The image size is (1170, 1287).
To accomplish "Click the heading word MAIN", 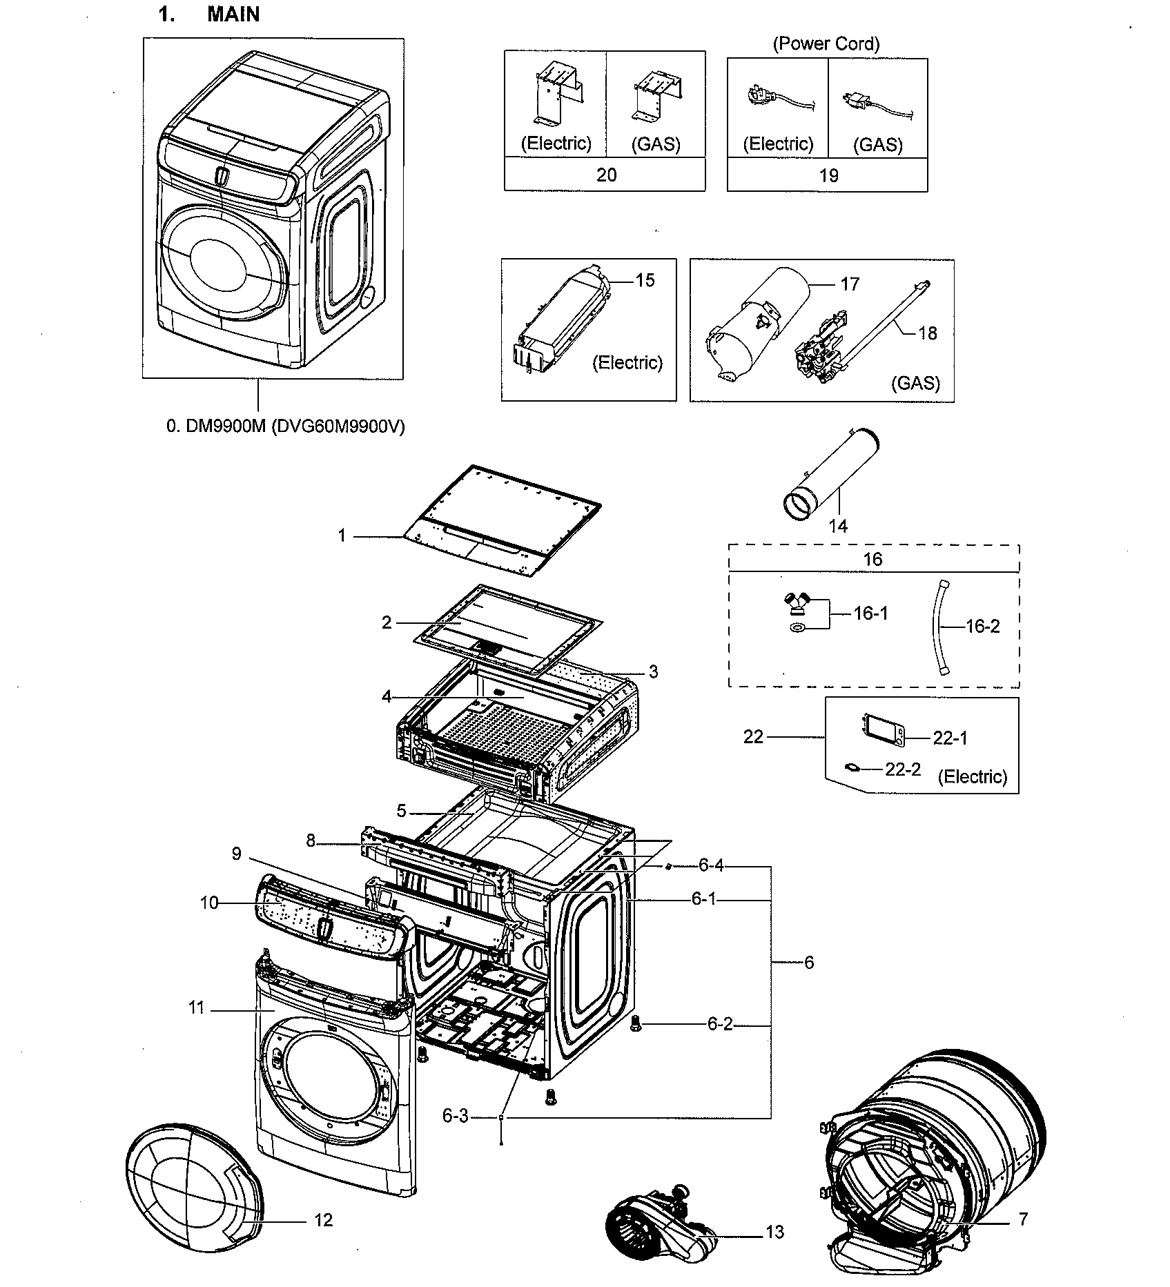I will (233, 14).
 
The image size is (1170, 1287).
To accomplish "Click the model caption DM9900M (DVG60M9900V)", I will (285, 426).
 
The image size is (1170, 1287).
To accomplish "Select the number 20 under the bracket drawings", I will (605, 175).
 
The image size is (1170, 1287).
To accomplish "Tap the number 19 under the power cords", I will (828, 176).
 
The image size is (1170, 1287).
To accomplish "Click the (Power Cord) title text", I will (826, 44).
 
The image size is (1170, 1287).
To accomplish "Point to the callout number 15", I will (645, 280).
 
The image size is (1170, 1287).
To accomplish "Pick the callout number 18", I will (927, 333).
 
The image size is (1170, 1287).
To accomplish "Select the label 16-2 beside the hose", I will (982, 627).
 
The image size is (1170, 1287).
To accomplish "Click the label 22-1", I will (950, 738).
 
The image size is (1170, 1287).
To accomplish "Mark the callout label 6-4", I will (710, 865).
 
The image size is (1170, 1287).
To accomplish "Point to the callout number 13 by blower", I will (774, 1232).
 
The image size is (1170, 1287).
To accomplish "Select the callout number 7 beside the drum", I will (1022, 1219).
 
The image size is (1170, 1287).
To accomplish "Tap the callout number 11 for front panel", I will (196, 1008).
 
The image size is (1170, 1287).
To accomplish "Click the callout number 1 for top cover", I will (341, 536).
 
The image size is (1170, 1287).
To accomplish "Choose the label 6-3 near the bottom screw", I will (455, 1116).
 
